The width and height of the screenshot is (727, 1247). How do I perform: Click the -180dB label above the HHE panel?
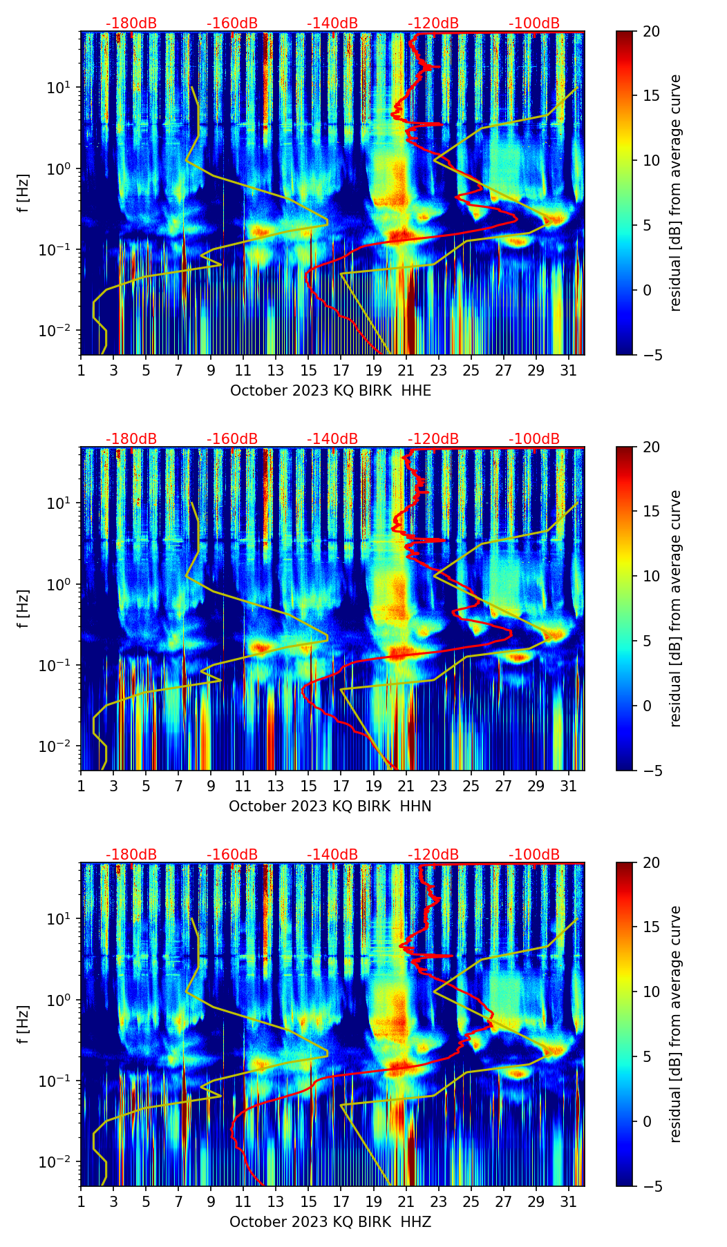(131, 23)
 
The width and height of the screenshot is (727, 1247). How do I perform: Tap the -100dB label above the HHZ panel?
(534, 855)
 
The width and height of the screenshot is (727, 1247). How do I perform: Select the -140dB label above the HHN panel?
(332, 439)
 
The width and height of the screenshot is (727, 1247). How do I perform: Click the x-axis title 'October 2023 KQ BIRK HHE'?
(330, 391)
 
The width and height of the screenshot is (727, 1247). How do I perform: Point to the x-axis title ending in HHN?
(330, 806)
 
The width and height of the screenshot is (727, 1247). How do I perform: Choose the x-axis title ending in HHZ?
(330, 1222)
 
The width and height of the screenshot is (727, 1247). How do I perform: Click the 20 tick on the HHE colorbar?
(651, 32)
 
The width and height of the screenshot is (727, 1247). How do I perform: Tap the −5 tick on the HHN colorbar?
(651, 771)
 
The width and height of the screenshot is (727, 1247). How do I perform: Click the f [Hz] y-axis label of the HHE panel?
(23, 193)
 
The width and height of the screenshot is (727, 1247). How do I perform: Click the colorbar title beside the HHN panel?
(676, 608)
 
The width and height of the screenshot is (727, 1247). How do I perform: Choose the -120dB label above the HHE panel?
(433, 23)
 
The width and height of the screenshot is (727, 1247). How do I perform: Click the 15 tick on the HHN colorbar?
(651, 512)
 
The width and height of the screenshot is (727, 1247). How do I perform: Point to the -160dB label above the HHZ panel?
(232, 855)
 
